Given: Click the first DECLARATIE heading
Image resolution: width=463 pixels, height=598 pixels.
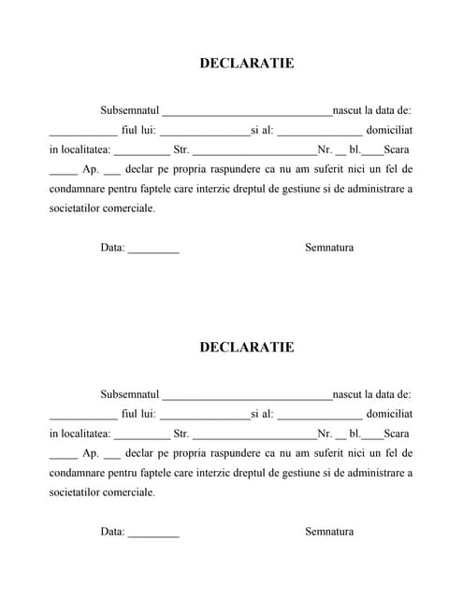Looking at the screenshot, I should pos(246,64).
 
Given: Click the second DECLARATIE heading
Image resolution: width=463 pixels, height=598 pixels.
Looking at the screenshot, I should pos(246,348).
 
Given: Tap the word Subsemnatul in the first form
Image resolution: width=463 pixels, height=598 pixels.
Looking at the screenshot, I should pos(131,110).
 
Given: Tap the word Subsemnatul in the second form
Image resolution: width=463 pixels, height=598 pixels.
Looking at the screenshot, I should pos(131,394).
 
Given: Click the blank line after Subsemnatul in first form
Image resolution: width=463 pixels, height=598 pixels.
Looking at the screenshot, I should pos(247,112).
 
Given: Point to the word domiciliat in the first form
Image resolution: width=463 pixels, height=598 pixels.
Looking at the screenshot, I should pos(389,130).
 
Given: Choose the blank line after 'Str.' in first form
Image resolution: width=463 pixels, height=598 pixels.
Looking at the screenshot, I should pos(254,151).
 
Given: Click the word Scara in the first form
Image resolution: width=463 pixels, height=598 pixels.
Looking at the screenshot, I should pos(397,149).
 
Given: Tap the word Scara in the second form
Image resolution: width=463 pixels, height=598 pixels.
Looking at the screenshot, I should pos(397,434).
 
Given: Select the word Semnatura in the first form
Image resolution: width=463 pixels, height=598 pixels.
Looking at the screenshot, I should pos(329,248).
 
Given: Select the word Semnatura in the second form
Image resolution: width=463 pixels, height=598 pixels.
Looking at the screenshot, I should pos(329,532).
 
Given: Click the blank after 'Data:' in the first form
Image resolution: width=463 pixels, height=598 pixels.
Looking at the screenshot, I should pos(153,250).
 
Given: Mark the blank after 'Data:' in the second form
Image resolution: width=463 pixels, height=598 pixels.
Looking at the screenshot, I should pos(153,534).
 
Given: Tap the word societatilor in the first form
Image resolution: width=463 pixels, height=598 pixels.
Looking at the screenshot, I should pos(77,207).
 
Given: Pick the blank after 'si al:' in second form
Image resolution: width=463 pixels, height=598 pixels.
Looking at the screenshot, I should pos(319,416).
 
